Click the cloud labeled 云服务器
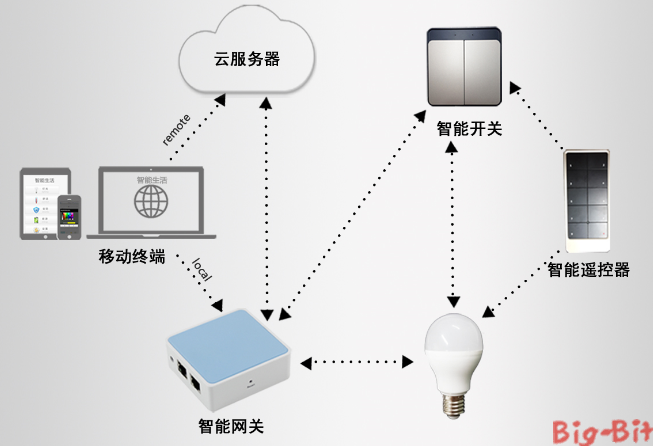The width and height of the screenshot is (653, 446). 246,59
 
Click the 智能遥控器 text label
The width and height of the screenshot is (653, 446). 588,270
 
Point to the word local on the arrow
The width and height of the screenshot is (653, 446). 201,271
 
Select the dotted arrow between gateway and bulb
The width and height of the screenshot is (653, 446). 356,359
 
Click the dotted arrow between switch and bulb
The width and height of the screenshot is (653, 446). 456,220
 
